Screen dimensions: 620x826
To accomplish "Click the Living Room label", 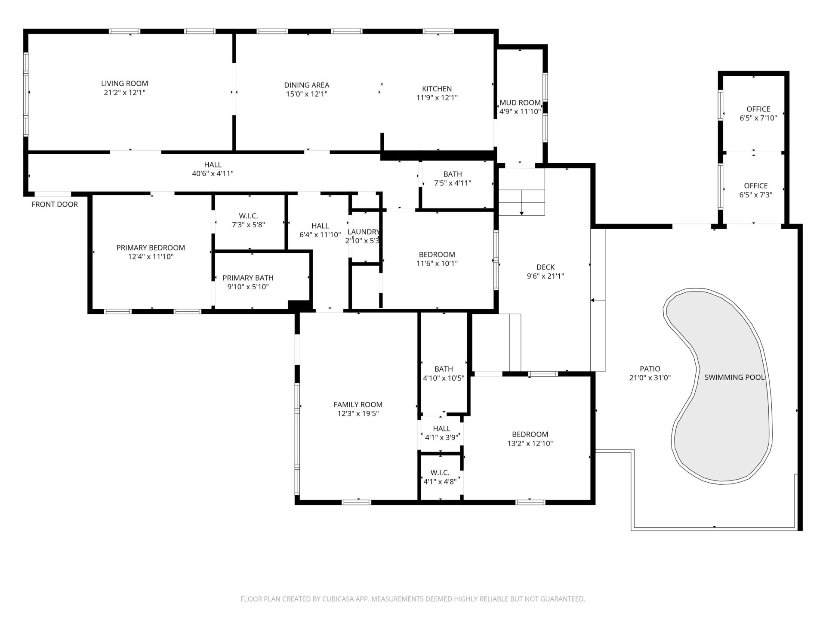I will tap(124, 84).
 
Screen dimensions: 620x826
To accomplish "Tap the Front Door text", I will tap(55, 205).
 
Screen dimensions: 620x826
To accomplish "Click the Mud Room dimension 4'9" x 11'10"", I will tap(520, 112).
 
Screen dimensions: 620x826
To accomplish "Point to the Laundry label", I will tap(364, 232).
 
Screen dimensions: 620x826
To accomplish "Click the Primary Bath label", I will tap(248, 278).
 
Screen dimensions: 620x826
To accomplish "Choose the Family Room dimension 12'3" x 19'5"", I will tap(358, 414).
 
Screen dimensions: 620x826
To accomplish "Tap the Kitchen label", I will tap(437, 89).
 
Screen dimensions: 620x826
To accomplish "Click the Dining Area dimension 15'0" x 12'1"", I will tap(306, 94).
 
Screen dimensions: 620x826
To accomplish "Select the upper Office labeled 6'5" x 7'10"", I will tap(758, 113).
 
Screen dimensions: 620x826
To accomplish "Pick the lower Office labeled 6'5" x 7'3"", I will tap(755, 190).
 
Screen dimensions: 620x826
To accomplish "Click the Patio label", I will tap(650, 369).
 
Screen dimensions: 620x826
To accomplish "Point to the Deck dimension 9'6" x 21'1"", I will tap(545, 276).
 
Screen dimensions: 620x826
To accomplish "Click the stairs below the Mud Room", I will tap(521, 192).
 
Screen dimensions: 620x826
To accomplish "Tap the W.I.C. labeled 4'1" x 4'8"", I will tap(440, 477).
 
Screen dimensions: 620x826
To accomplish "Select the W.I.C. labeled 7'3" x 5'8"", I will tap(248, 220).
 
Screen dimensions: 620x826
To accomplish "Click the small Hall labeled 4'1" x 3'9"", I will tap(441, 433).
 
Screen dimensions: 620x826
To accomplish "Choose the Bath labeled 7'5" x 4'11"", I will tap(453, 179).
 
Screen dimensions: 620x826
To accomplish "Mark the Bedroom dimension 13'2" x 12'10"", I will tap(530, 443).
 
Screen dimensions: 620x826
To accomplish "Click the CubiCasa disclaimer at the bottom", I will tap(413, 599).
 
